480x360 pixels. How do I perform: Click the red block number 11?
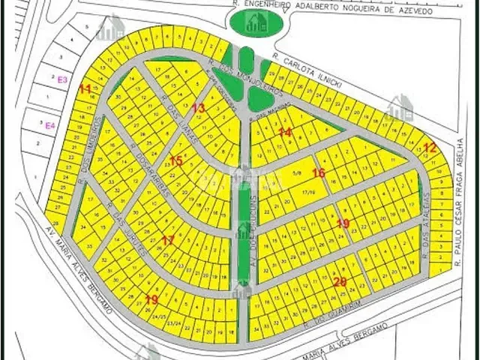point(85,89)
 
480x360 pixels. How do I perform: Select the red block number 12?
point(429,147)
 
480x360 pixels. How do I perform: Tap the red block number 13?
point(198,108)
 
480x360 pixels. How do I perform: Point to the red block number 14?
point(285,132)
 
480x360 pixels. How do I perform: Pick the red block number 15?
point(176,160)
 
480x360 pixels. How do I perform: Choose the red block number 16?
point(319,173)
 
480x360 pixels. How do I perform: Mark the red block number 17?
point(168,240)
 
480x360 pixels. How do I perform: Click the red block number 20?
point(340,282)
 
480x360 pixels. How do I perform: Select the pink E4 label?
point(50,125)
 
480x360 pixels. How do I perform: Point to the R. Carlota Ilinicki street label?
point(307,71)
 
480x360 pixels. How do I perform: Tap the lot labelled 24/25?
point(158,316)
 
